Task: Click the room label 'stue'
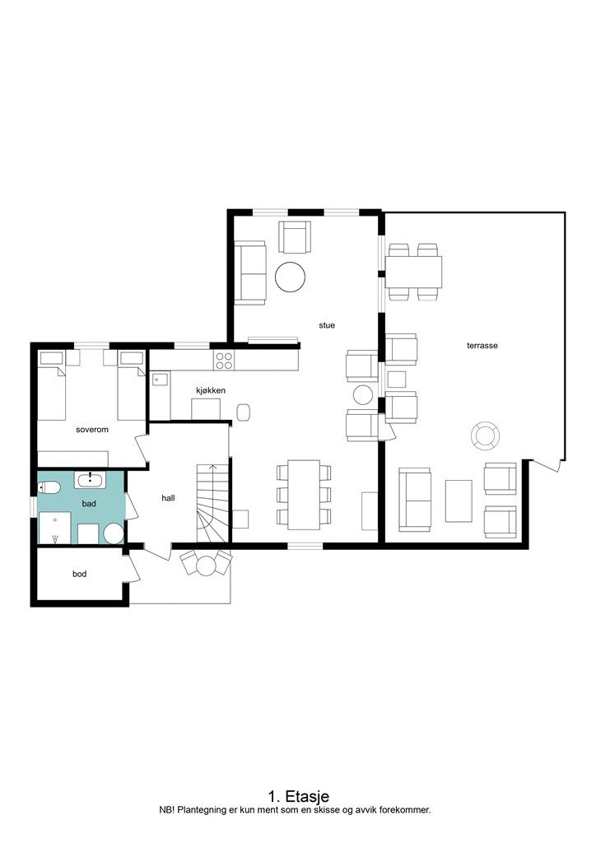[x=327, y=325]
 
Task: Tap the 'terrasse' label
[x=482, y=346]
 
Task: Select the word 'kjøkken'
[x=211, y=390]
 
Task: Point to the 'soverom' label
[x=92, y=430]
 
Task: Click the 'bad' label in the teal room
[x=89, y=504]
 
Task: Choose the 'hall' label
[x=168, y=498]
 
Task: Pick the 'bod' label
[x=80, y=574]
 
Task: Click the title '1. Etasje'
[x=298, y=796]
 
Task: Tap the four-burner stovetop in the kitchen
[x=224, y=360]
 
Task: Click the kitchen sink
[x=159, y=380]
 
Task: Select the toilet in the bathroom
[x=49, y=487]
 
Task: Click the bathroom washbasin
[x=90, y=479]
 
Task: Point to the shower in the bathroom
[x=55, y=528]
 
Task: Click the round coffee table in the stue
[x=291, y=277]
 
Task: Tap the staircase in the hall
[x=213, y=503]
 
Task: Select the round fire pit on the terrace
[x=486, y=435]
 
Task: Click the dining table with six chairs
[x=304, y=494]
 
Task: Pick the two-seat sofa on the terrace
[x=415, y=500]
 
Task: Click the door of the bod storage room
[x=132, y=568]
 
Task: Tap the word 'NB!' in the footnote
[x=166, y=810]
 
